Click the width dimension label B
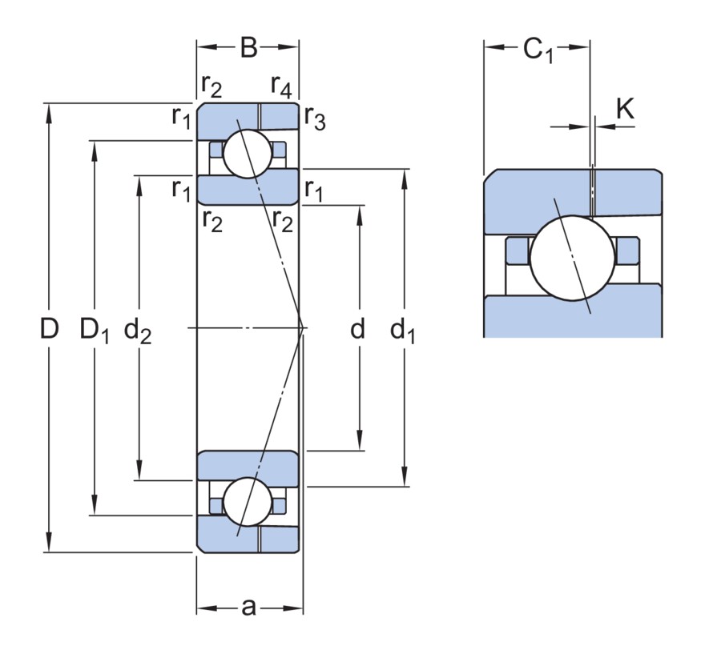pos(248,47)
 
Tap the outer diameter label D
pos(50,328)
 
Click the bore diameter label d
pos(357,329)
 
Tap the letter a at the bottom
pos(248,608)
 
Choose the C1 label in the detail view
pos(538,50)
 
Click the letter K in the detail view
pos(625,108)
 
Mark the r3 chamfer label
pos(315,118)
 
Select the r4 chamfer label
pos(281,86)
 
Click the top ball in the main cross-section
pos(248,154)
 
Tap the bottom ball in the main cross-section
pos(248,502)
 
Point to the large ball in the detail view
pos(572,258)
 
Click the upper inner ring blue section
pos(248,187)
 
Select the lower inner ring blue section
pos(248,468)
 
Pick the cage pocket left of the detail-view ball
pos(518,251)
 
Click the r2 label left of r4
pos(211,86)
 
